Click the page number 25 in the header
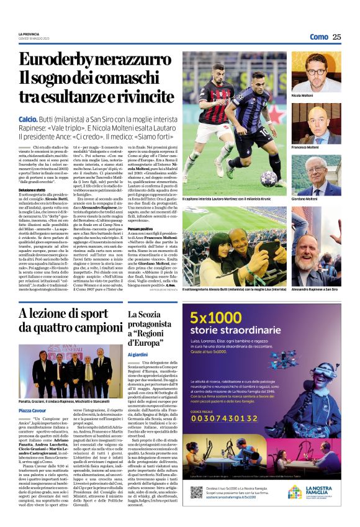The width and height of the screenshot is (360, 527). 337,37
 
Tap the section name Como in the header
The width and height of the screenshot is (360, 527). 318,37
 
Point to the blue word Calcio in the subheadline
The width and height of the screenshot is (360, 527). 28,118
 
